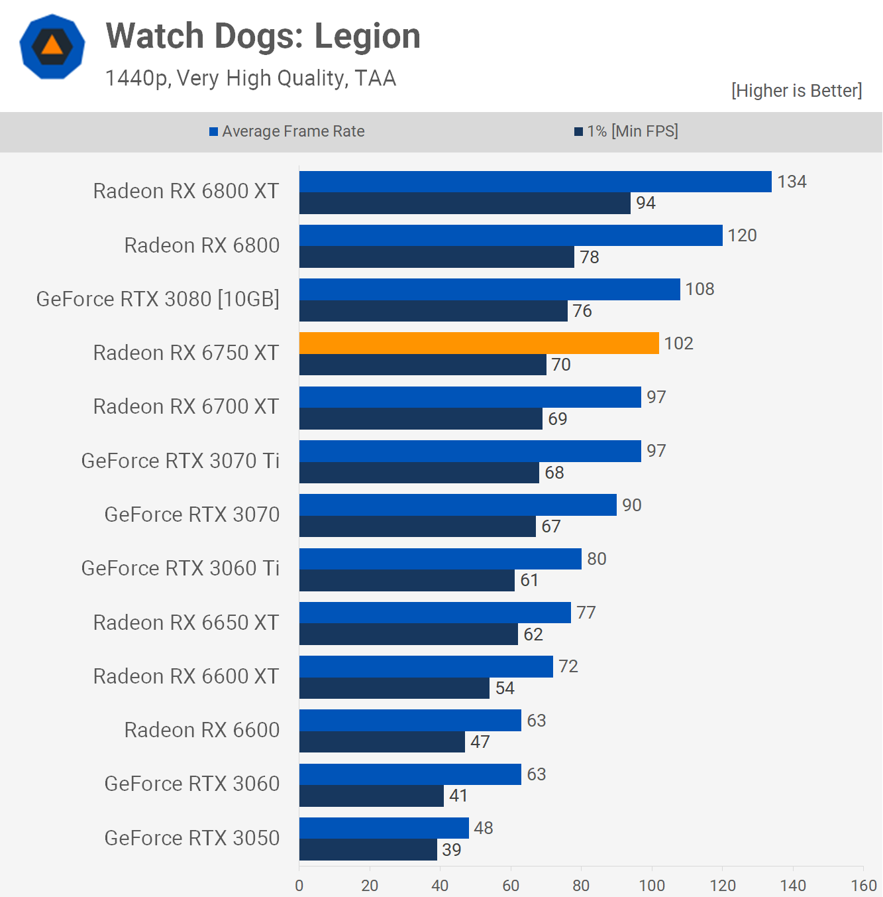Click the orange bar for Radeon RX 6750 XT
click(479, 343)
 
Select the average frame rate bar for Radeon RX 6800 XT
click(535, 182)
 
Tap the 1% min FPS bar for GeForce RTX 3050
click(368, 849)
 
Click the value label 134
click(792, 182)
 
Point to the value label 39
click(452, 849)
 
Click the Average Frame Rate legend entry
click(287, 131)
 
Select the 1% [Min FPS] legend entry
click(626, 131)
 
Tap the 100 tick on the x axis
click(652, 885)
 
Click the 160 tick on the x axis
click(863, 885)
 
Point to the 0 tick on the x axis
click(299, 885)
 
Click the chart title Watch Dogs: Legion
click(263, 36)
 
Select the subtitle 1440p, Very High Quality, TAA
click(250, 78)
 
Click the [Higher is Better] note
click(796, 90)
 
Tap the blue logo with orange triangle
click(52, 46)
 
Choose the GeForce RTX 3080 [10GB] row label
click(158, 299)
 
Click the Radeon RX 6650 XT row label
click(186, 623)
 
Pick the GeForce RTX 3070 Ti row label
click(180, 461)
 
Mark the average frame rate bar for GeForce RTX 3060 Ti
click(440, 559)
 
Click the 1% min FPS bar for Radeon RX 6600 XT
click(394, 688)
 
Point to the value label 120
click(742, 235)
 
